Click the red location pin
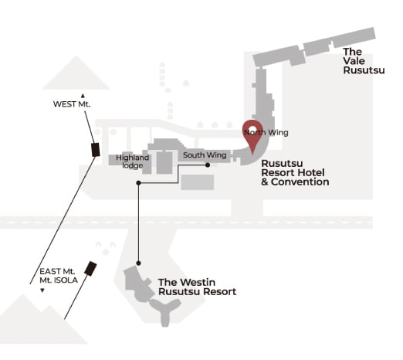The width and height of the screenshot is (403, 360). pos(252,134)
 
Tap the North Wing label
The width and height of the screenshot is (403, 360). pos(266,133)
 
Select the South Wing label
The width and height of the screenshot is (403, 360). pos(205,155)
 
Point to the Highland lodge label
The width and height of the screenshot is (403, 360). pos(132,161)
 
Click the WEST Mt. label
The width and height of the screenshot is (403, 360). pos(72,104)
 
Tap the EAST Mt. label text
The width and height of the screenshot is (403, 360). pos(57,271)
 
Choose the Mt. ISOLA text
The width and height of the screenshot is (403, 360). pos(59,280)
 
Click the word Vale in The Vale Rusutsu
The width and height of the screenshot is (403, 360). pos(354,61)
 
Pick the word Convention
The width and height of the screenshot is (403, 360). pos(300,182)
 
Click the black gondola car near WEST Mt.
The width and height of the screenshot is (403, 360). pos(96,150)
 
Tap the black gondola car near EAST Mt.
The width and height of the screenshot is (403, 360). pos(90,269)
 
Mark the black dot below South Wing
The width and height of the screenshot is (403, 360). pos(208,165)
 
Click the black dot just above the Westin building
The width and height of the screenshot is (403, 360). pos(138,263)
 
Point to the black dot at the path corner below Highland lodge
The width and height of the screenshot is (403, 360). pos(138,183)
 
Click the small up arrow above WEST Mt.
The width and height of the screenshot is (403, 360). pos(83,96)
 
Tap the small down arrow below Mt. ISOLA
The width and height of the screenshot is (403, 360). pos(42,290)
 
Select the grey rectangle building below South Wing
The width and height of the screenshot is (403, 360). pos(198,182)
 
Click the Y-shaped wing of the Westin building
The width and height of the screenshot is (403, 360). pos(165,311)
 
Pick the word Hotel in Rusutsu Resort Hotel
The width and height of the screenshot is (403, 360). pos(311,172)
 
